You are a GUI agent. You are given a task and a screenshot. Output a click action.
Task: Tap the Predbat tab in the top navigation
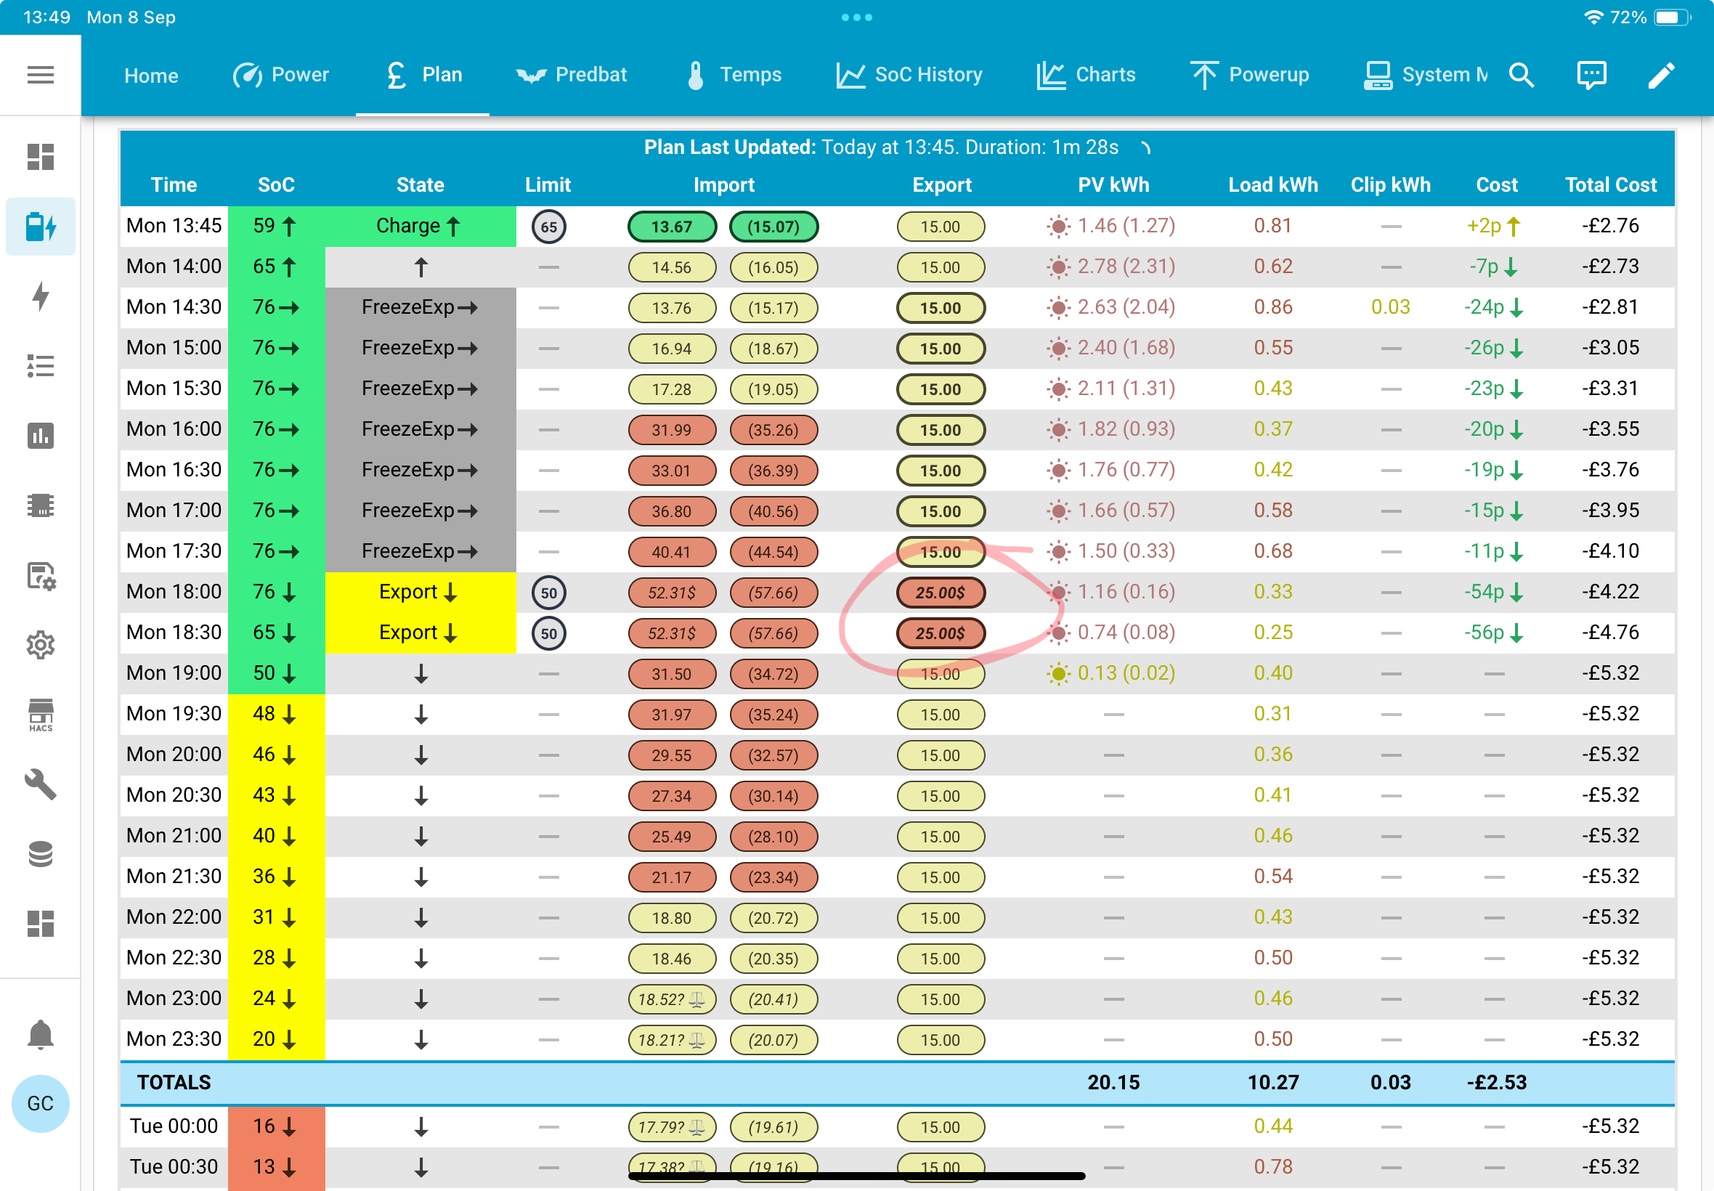click(x=571, y=75)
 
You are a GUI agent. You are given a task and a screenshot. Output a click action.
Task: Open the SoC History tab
click(x=909, y=75)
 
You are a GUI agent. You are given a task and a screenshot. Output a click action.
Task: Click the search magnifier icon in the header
click(x=1521, y=75)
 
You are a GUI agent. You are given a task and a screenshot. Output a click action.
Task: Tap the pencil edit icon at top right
click(x=1661, y=75)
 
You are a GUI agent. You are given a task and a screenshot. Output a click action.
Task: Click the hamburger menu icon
click(x=40, y=75)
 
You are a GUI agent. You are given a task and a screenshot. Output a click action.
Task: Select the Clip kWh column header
click(x=1390, y=185)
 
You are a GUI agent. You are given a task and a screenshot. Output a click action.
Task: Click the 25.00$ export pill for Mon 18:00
click(x=941, y=593)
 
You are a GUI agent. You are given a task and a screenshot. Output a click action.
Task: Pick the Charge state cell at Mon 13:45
click(x=420, y=226)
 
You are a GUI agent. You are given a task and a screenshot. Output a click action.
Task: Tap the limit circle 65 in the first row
click(x=548, y=227)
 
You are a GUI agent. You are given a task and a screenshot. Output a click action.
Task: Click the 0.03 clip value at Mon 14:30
click(x=1390, y=307)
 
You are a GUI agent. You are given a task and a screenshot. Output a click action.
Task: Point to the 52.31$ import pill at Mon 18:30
click(x=672, y=633)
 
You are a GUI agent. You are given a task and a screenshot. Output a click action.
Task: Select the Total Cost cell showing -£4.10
click(x=1610, y=551)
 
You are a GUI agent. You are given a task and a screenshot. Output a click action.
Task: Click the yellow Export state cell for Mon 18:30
click(x=420, y=633)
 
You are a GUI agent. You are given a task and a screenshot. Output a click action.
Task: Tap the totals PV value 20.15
click(x=1113, y=1083)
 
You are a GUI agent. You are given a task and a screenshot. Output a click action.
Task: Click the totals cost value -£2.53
click(x=1496, y=1083)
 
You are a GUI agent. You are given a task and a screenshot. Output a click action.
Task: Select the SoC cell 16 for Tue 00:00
click(x=276, y=1127)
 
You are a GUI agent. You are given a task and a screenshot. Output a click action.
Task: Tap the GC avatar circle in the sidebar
click(x=40, y=1104)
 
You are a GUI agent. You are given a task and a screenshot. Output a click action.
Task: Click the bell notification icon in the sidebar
click(x=40, y=1034)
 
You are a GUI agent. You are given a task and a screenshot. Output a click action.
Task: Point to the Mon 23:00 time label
click(x=174, y=999)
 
